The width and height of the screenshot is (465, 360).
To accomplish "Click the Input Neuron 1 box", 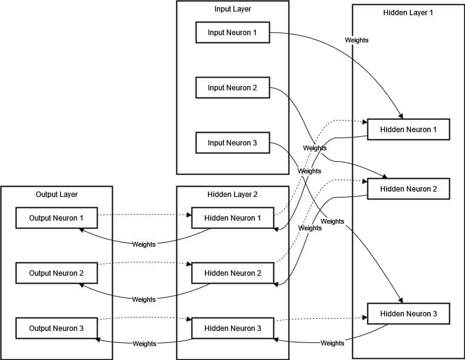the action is [x=233, y=32].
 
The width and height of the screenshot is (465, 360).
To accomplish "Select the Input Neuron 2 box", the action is [x=233, y=87].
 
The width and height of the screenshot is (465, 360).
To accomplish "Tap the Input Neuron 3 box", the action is [x=233, y=142].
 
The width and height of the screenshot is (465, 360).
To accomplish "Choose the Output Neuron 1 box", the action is [x=56, y=218].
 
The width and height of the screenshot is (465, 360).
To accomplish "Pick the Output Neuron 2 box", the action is [x=56, y=273].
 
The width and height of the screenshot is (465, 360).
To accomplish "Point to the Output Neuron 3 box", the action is [x=56, y=328].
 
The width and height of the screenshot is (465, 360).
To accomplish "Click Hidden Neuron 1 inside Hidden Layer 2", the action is [x=233, y=218].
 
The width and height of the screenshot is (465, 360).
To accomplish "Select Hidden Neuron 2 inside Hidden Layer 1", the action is [x=409, y=189].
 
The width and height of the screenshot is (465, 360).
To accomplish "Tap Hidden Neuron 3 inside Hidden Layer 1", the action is [x=409, y=314].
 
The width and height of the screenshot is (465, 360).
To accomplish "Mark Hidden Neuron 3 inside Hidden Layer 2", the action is [x=233, y=328].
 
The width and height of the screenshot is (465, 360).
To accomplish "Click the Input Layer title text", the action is [x=233, y=9].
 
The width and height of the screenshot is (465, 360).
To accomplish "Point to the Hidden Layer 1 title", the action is [x=408, y=13].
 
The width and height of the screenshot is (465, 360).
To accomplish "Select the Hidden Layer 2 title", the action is [x=233, y=195].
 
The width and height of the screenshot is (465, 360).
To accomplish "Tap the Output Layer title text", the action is [x=56, y=195].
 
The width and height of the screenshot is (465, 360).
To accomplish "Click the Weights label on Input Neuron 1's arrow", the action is [x=356, y=40].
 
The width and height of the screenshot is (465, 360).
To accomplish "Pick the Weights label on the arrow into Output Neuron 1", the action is [x=144, y=244].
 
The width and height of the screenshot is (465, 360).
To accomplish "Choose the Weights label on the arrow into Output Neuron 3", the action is [x=144, y=344].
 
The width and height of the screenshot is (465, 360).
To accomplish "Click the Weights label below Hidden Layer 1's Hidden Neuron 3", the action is [x=332, y=343].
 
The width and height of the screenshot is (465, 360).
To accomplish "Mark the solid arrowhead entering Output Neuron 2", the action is [x=82, y=285].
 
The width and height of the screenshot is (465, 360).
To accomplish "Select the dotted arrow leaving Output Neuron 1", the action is [x=144, y=215].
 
